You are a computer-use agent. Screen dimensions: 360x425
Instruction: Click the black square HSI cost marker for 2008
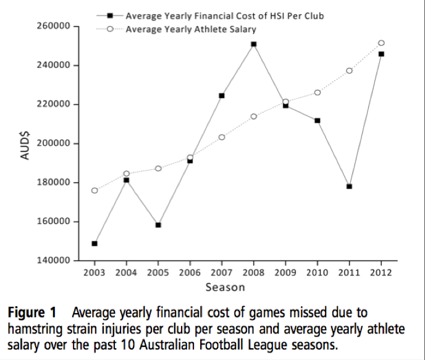pyautogui.click(x=254, y=44)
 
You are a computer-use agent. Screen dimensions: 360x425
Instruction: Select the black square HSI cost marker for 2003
pyautogui.click(x=95, y=243)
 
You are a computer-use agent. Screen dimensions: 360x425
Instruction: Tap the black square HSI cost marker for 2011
pyautogui.click(x=349, y=186)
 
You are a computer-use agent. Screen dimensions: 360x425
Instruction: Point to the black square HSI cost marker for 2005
pyautogui.click(x=158, y=225)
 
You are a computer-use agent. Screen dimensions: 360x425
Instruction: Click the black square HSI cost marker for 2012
pyautogui.click(x=381, y=54)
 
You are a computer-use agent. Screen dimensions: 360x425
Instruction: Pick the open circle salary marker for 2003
pyautogui.click(x=95, y=190)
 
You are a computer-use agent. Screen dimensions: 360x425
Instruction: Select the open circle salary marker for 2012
pyautogui.click(x=381, y=43)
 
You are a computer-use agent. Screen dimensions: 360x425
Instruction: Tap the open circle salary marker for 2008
pyautogui.click(x=254, y=116)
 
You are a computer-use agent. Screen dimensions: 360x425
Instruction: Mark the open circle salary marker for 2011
pyautogui.click(x=349, y=70)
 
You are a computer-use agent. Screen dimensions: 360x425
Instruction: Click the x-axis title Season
pyautogui.click(x=225, y=287)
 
